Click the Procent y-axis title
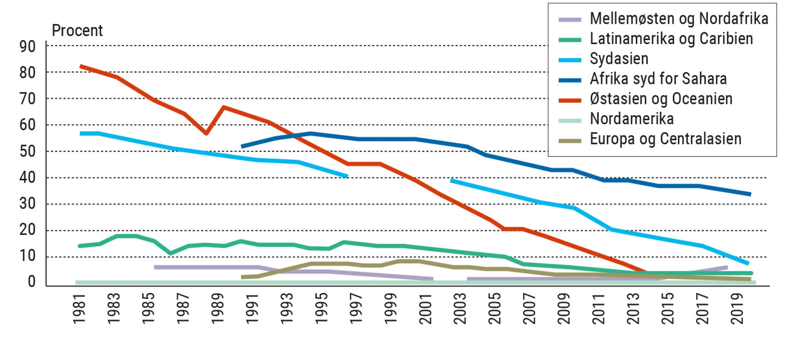pos(77,31)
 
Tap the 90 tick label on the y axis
pos(27,47)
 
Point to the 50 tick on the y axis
pos(27,151)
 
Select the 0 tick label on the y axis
pos(31,282)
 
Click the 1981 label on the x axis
pos(79,309)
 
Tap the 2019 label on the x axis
pos(737,309)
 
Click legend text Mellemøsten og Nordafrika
pos(679,19)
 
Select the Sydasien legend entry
pos(619,59)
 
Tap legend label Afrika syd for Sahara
pos(658,79)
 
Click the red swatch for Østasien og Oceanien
pos(570,100)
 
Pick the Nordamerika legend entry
pos(632,119)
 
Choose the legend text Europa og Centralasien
pos(665,139)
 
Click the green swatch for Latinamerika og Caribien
pos(570,40)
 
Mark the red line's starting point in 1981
pos(81,67)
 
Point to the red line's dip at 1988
pos(206,133)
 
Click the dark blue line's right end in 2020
pos(750,194)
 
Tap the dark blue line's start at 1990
pos(242,147)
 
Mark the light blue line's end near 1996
pos(347,176)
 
